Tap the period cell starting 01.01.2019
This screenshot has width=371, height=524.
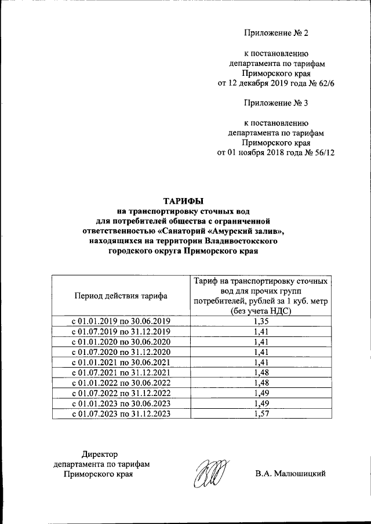tap(121, 321)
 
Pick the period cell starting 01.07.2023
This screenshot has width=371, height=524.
tap(121, 414)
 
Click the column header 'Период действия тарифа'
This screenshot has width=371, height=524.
tap(121, 295)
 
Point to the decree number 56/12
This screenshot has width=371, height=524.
tap(323, 152)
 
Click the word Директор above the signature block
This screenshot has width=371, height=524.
tap(99, 454)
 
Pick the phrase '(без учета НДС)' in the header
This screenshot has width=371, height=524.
tap(259, 311)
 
